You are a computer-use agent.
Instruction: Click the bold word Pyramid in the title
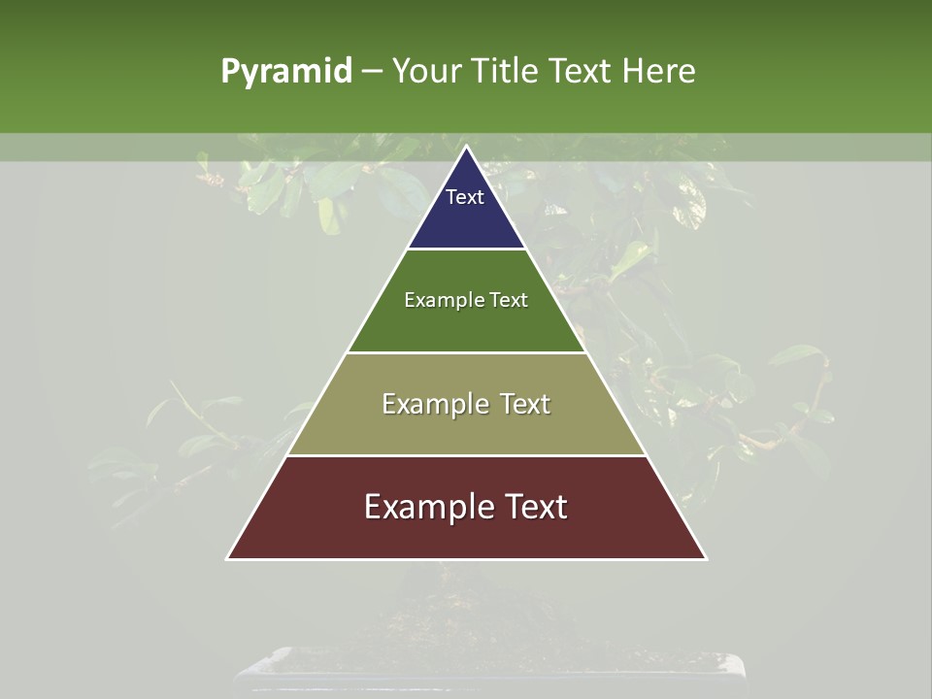click(286, 72)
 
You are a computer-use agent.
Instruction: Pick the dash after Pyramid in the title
click(371, 72)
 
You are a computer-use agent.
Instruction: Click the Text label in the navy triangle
click(465, 197)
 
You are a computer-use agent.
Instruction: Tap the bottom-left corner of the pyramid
click(228, 558)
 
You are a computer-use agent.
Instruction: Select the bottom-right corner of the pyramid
click(706, 558)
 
